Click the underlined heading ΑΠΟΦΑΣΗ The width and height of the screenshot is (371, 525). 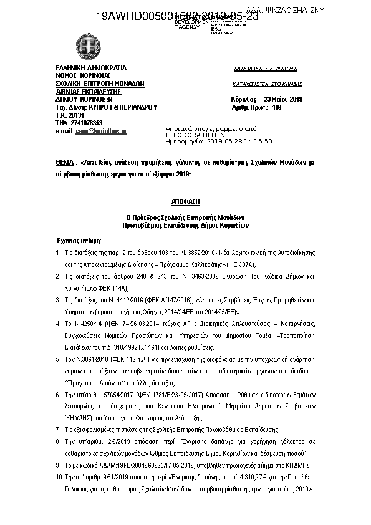[x=185, y=203]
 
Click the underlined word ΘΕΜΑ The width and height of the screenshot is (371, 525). [x=65, y=161]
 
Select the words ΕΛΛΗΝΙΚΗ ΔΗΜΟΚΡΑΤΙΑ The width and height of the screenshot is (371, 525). [x=91, y=67]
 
